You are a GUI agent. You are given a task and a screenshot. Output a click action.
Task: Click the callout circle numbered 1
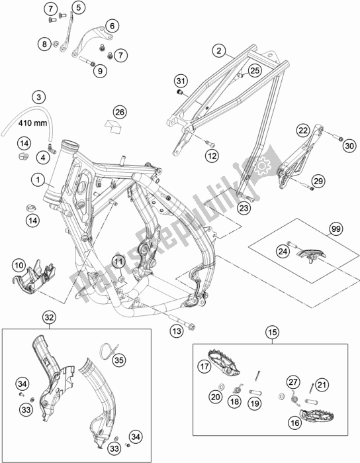pyautogui.click(x=39, y=179)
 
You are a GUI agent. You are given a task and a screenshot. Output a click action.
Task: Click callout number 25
pyautogui.click(x=255, y=68)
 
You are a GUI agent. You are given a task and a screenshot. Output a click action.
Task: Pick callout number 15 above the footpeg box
pyautogui.click(x=271, y=331)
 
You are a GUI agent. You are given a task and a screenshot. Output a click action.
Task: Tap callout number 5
pyautogui.click(x=78, y=7)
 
